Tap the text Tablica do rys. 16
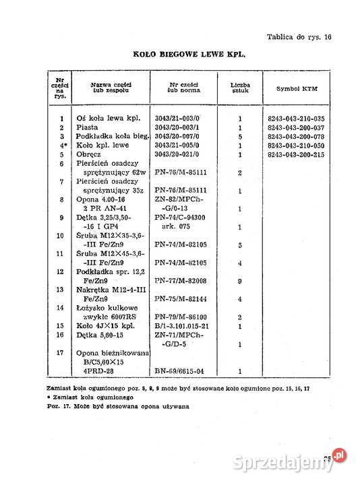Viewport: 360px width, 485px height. (x=299, y=37)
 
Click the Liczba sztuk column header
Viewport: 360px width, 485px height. (x=240, y=89)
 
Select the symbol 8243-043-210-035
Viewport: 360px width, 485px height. (x=297, y=119)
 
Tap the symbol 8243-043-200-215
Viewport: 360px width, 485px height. (x=297, y=154)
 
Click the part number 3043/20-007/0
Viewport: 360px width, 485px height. (x=176, y=136)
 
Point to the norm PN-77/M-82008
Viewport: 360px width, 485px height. (x=179, y=280)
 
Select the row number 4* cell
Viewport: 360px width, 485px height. (x=61, y=145)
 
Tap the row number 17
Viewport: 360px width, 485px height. (x=61, y=353)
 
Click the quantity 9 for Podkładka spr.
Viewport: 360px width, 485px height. (x=240, y=280)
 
